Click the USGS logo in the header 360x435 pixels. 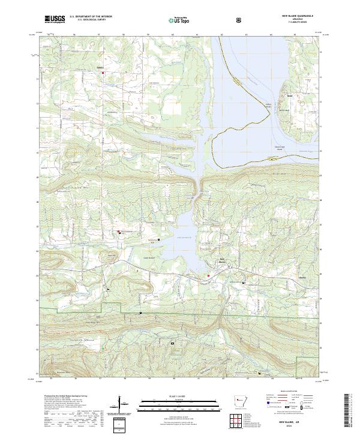[55, 19]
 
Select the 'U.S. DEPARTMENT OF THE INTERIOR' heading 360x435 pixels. [91, 16]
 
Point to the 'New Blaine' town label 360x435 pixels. [222, 262]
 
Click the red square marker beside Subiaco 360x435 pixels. [103, 73]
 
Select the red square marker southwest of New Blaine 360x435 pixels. [208, 275]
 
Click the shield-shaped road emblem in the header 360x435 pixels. [240, 20]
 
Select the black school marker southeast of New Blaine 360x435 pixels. [243, 282]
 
